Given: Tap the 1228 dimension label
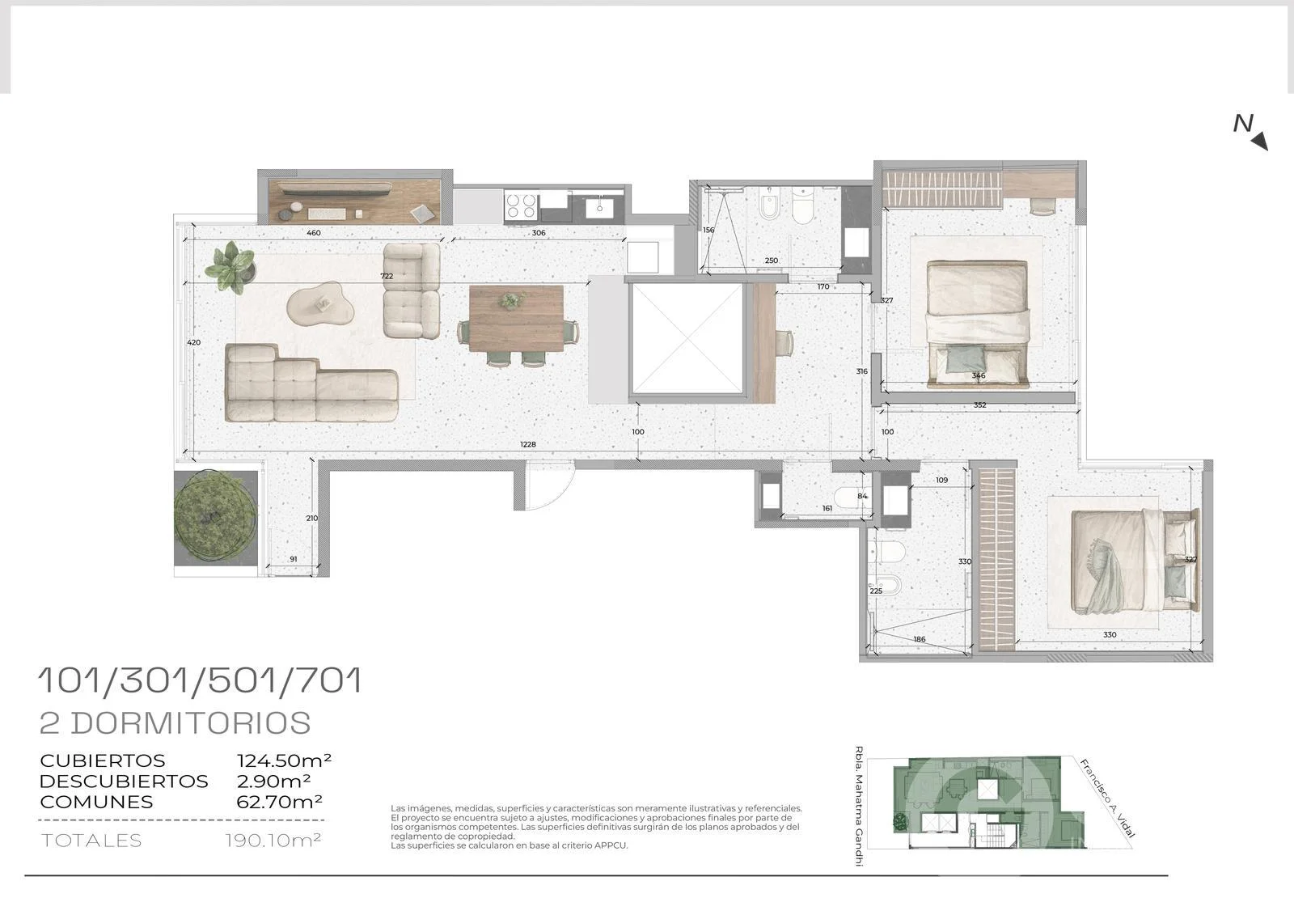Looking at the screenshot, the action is coord(528,444).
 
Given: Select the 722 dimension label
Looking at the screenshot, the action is coord(387,277).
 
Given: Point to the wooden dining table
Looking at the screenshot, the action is coord(516,319).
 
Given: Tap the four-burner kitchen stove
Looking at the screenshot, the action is coord(522,206).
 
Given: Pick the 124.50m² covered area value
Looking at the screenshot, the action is coord(284,760).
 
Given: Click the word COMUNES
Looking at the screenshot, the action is coord(96,803).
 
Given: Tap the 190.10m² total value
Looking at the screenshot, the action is coord(273,841).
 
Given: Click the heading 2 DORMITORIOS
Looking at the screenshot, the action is coord(175,723).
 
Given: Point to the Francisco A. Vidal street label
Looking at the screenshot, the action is coord(1108,799).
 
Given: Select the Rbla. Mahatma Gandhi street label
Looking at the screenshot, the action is coord(859,806).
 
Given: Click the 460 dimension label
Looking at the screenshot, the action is coord(314,233).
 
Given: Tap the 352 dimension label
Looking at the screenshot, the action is coord(979,405).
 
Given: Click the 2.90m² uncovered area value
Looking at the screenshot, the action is coord(274,781).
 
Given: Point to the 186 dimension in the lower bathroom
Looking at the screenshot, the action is coord(920,639).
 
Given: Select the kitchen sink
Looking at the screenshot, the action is coord(599,207).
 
